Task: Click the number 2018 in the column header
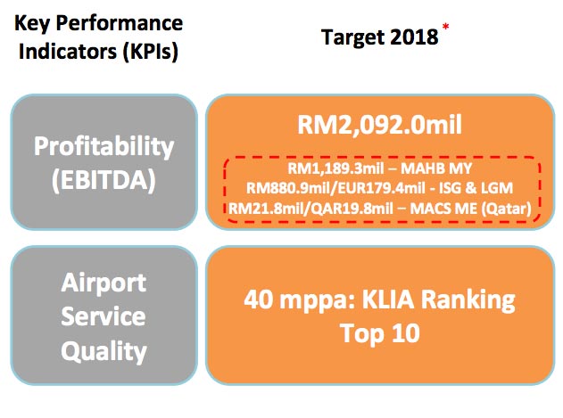click(x=415, y=37)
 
